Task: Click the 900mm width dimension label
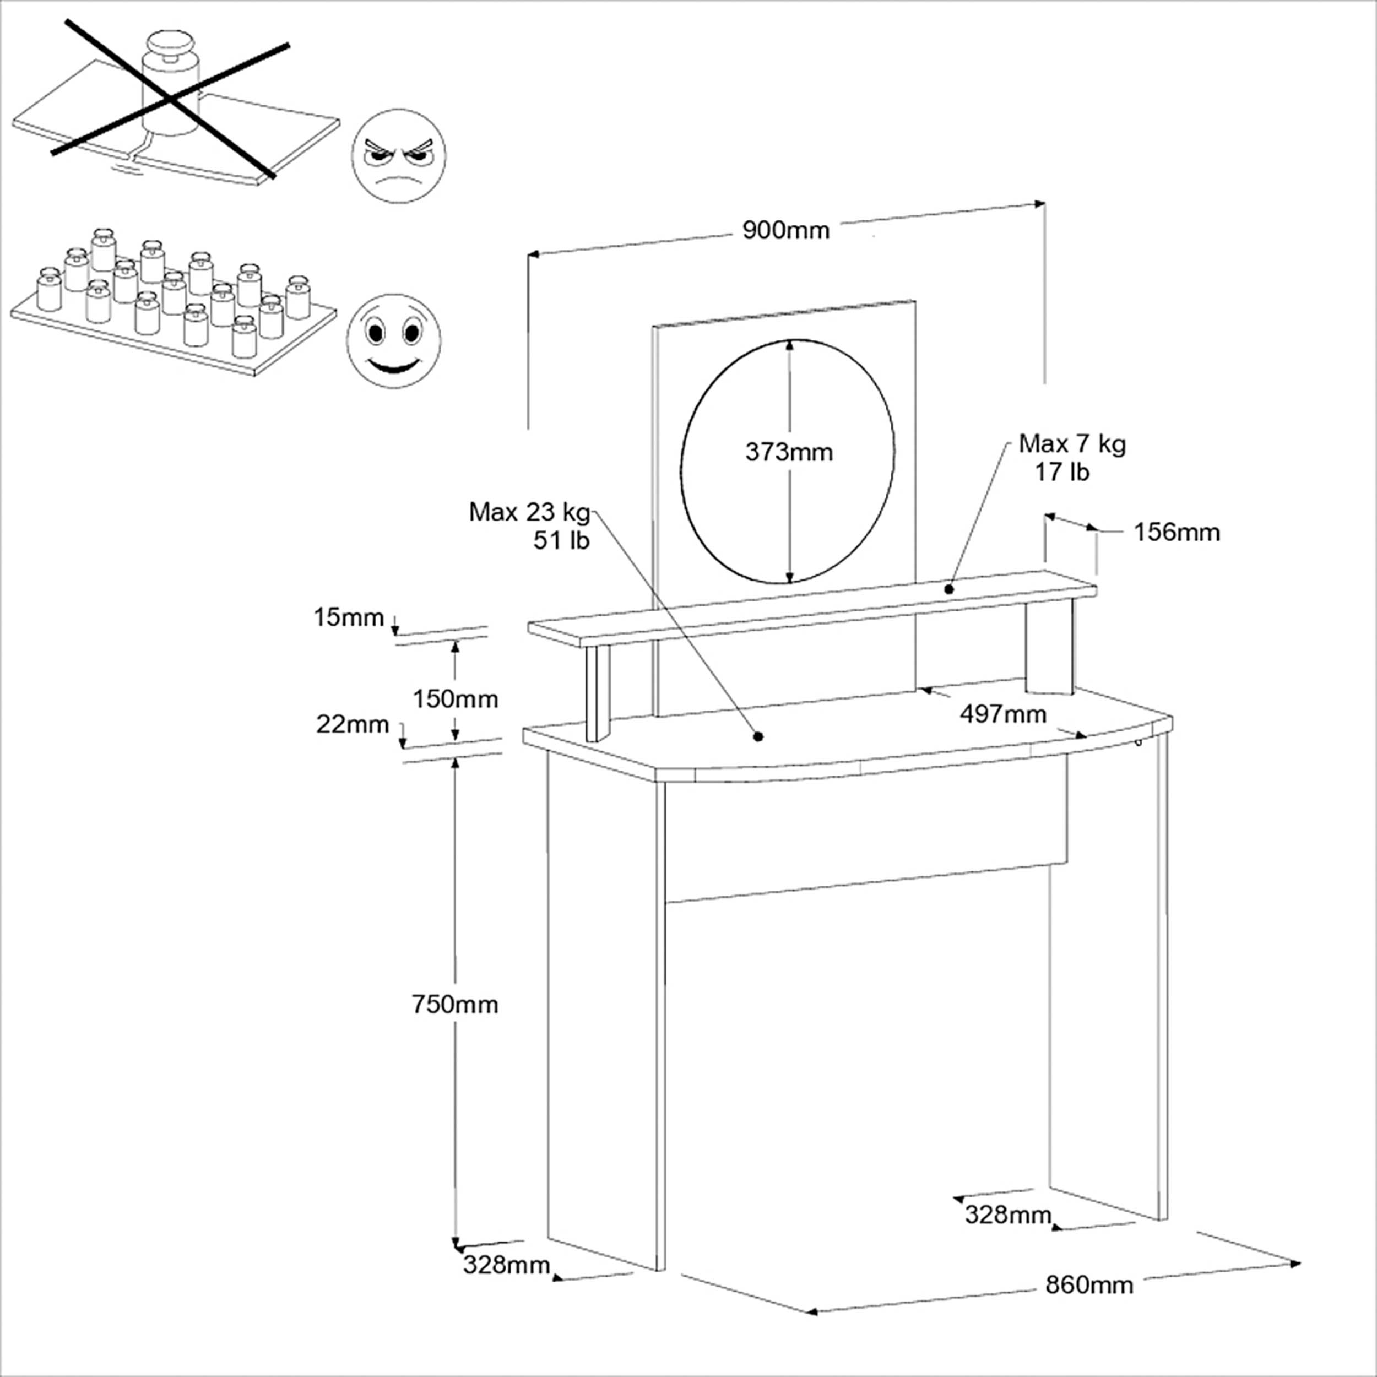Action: point(786,230)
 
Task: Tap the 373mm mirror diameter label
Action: point(789,452)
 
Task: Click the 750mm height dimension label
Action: point(455,1004)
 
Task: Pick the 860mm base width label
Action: point(1089,1284)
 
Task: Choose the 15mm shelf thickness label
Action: point(349,617)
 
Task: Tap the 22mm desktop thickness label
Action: point(353,724)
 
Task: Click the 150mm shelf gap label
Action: point(456,699)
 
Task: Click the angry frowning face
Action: point(399,156)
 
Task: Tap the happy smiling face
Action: point(393,341)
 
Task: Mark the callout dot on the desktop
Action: point(758,736)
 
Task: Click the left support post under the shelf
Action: point(597,693)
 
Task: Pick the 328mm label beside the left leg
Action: point(507,1265)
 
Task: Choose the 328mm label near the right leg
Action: point(1008,1214)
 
